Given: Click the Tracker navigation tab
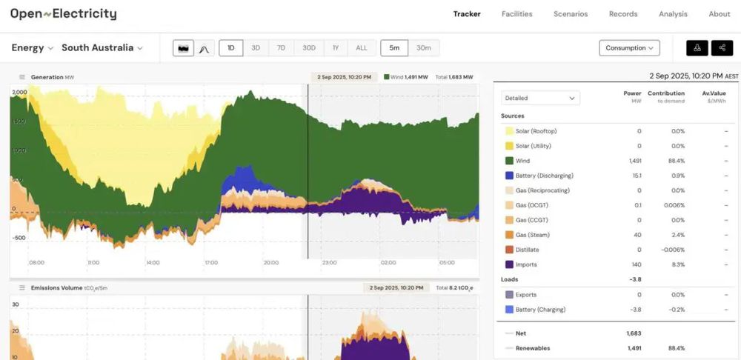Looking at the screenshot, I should click(467, 14).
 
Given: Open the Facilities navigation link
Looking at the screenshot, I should click(516, 14).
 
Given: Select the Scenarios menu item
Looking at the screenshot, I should click(571, 14).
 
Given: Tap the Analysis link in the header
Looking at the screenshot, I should click(673, 14).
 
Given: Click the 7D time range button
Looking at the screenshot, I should click(281, 48).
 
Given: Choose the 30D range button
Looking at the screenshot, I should click(309, 48).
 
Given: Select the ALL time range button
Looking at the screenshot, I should click(361, 48).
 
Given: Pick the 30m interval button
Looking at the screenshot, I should click(424, 48).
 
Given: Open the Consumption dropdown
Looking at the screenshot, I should click(629, 48).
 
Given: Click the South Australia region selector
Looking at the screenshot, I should click(102, 48).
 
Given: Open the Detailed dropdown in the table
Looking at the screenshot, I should click(540, 98).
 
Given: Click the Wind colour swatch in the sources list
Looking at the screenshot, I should click(509, 161).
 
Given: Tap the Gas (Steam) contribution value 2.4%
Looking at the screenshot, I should click(678, 235).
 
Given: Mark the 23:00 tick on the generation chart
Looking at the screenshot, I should click(330, 262).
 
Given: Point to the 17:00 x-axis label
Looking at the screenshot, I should click(211, 262).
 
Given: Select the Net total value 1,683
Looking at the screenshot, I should click(634, 333).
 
